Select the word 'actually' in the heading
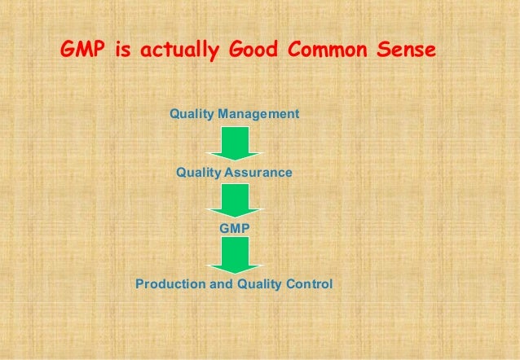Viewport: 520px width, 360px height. tap(178, 51)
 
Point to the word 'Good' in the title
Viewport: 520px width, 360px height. tap(249, 50)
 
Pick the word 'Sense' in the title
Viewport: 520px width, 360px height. tap(402, 50)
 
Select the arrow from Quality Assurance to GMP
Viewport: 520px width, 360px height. tap(235, 200)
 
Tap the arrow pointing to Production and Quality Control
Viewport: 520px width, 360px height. tap(235, 256)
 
